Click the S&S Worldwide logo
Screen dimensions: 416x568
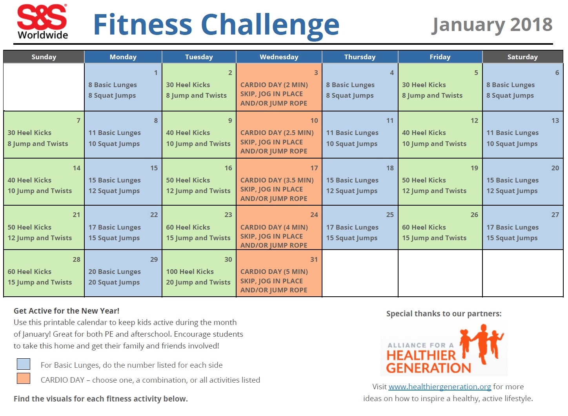coord(42,22)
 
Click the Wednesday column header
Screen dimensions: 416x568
coord(279,57)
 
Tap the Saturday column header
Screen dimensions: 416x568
coord(522,57)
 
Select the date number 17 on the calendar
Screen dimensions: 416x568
coord(314,168)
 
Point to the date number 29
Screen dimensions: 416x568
coord(154,259)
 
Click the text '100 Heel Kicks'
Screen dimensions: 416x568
coord(190,272)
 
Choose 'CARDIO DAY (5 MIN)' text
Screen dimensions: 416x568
coord(274,272)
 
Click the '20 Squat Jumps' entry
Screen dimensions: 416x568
coord(114,282)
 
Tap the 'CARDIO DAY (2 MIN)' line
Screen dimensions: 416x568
coord(274,85)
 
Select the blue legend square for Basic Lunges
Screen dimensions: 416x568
coord(24,364)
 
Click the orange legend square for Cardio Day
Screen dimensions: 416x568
coord(24,378)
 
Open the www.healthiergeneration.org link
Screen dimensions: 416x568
coord(440,387)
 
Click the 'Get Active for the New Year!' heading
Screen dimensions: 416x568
coord(66,311)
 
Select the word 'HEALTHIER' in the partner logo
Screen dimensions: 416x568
coord(421,356)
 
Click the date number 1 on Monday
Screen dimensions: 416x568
coord(156,73)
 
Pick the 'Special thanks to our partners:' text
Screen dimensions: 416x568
coord(444,314)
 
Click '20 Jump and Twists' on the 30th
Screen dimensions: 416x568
coord(198,282)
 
